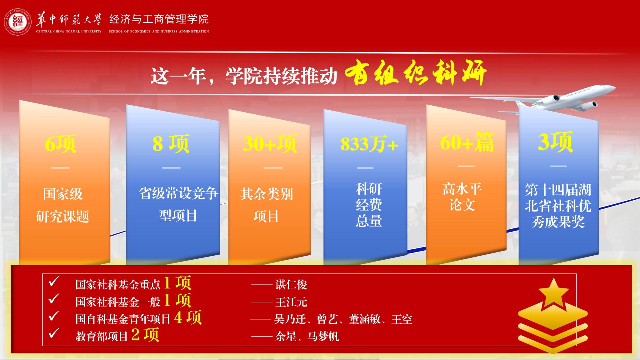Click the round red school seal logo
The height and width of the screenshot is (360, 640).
coord(18,22)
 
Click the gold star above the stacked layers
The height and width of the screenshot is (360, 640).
coord(553,293)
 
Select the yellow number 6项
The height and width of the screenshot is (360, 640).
coord(60,144)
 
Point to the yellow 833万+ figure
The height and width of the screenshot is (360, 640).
coord(369,144)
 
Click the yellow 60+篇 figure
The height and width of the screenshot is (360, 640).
coord(467,142)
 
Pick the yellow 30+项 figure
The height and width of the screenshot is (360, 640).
coord(269,144)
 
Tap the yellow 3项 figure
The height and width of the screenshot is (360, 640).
coord(555,142)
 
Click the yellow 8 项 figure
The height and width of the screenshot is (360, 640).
coord(171,144)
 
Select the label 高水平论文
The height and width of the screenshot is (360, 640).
coord(462,197)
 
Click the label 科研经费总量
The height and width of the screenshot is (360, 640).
coord(369,205)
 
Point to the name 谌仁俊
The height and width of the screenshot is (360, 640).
coord(291,285)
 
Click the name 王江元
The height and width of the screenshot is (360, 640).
coord(291,302)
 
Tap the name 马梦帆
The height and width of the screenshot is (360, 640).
coord(323,337)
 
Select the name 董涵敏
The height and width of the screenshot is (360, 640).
coord(365,319)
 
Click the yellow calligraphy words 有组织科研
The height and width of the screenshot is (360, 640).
coord(415,73)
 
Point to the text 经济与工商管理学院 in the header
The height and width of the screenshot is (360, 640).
coord(159,19)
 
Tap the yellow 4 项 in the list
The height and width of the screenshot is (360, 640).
coord(188,317)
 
